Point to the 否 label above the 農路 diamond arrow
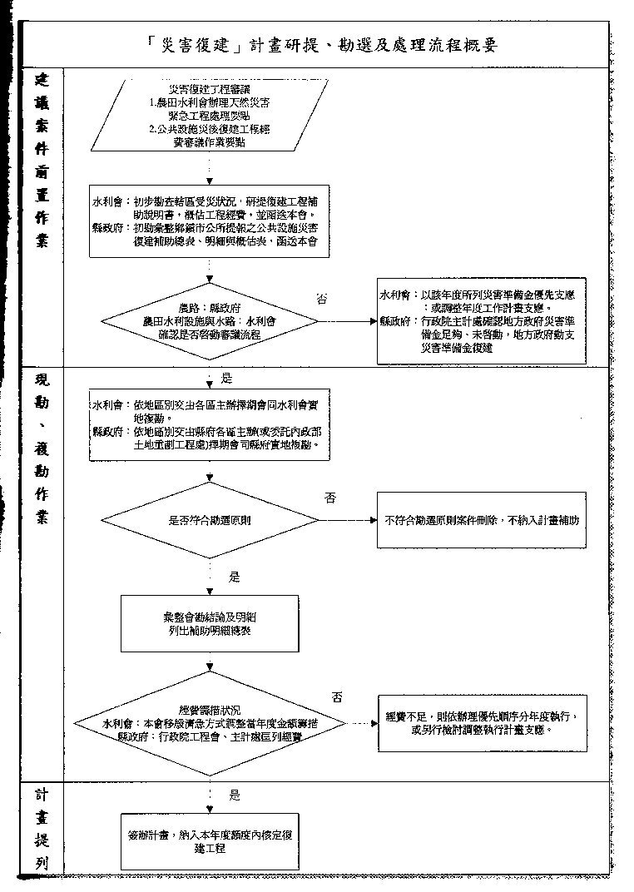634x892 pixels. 322,299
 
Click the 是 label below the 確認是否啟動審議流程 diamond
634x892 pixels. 227,379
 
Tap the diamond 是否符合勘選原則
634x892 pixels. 210,520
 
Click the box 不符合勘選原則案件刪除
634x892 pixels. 482,520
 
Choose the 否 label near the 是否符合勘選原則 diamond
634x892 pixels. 330,498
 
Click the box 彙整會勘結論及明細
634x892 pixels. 210,625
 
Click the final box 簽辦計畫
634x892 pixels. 210,841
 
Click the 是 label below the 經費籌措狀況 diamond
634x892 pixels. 235,795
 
